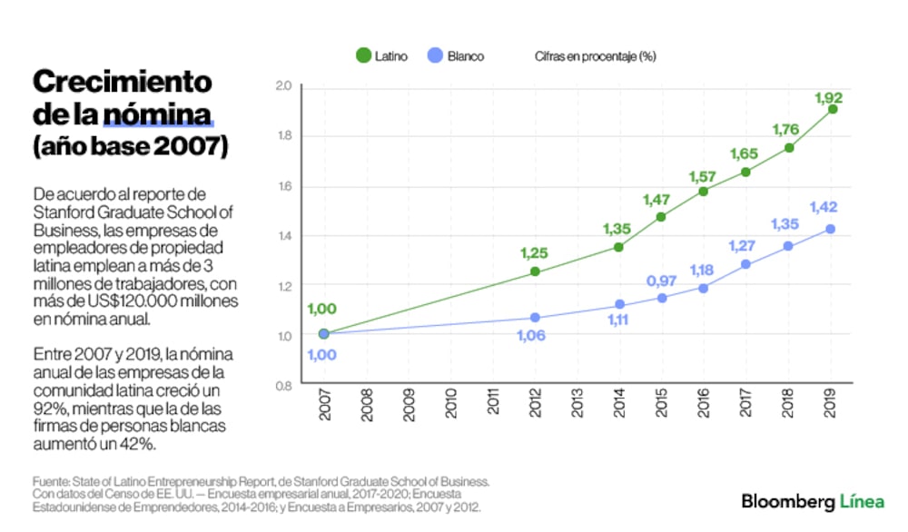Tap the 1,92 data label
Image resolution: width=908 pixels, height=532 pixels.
tap(828, 96)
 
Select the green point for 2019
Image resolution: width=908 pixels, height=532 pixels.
tap(832, 109)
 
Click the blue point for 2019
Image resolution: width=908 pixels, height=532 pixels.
tap(830, 229)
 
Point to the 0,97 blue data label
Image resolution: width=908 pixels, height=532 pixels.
tap(662, 281)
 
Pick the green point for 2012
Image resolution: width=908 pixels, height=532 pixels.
tap(535, 271)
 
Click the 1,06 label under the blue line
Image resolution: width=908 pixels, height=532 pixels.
tap(533, 335)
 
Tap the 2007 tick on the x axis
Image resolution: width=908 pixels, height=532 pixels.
tap(324, 405)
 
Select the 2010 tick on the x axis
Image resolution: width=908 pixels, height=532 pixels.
tap(451, 405)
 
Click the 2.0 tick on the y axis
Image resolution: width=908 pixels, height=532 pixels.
tap(282, 86)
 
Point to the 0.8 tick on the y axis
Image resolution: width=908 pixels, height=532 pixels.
tap(282, 385)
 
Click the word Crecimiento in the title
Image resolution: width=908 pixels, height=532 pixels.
tap(122, 82)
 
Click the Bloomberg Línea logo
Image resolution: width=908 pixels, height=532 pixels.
tap(813, 500)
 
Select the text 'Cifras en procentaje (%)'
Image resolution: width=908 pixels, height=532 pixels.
tap(595, 56)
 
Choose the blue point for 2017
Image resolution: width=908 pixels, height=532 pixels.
tap(745, 264)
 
